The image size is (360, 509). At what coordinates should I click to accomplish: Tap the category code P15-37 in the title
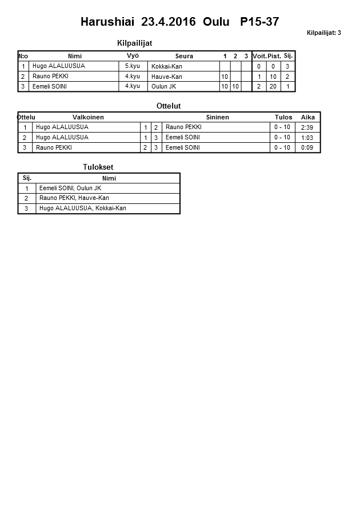(259, 22)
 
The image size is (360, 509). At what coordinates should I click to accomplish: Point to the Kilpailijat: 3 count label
(323, 33)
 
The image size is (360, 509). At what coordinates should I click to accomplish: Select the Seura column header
(184, 56)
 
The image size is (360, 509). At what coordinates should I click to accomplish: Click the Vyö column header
(133, 55)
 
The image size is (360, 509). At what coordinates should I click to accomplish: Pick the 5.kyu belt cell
(132, 66)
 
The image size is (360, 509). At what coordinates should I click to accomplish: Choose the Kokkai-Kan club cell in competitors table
(167, 66)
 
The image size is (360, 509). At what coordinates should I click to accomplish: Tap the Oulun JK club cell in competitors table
(163, 86)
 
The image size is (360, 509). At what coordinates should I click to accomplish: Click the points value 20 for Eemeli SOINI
(273, 86)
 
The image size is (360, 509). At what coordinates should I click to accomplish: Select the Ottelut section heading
(168, 106)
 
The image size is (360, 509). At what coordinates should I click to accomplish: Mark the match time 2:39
(307, 127)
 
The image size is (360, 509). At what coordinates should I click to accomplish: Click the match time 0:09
(307, 147)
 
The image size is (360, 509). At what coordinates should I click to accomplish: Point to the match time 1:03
(307, 138)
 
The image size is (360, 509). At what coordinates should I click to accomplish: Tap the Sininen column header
(217, 117)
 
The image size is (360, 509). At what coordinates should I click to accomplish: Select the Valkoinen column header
(88, 117)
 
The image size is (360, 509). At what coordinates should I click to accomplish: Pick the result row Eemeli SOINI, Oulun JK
(70, 188)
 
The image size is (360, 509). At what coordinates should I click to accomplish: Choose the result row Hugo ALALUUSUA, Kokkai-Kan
(82, 209)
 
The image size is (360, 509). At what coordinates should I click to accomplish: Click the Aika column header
(307, 117)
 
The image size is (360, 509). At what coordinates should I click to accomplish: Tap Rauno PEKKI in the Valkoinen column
(52, 147)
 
